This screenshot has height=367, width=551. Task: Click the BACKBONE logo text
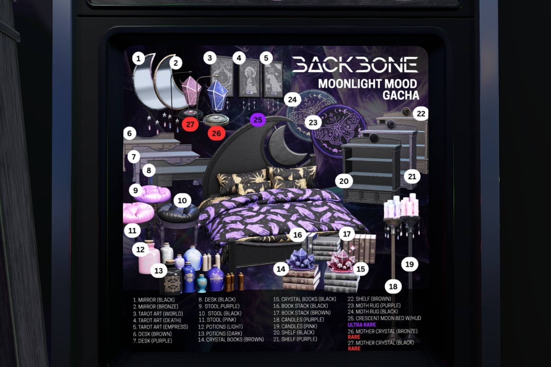[355, 65]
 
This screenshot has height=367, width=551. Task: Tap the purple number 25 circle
[258, 120]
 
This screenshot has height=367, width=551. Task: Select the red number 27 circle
[190, 124]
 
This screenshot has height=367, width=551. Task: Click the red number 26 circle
[216, 133]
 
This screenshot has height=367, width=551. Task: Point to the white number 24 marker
[292, 100]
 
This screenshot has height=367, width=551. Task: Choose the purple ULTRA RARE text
[362, 325]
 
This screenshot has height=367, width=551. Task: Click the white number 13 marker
[159, 271]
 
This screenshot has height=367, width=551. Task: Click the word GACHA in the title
[401, 95]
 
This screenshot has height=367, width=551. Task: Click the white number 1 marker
[138, 59]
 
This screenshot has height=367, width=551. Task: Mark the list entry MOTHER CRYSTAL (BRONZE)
[382, 331]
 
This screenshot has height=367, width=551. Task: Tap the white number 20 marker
[344, 181]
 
